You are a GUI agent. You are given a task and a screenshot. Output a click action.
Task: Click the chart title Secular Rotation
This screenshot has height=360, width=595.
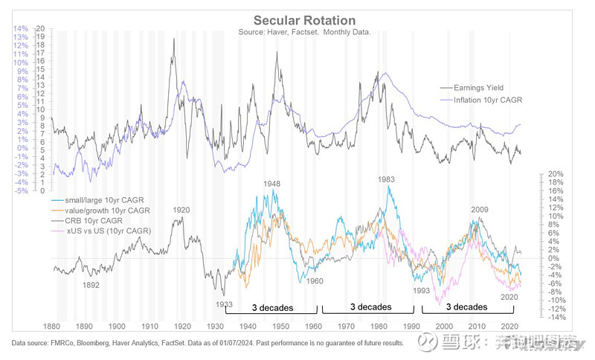click(304, 20)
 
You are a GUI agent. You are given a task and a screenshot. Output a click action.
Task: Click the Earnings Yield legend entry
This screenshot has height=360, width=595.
click(489, 88)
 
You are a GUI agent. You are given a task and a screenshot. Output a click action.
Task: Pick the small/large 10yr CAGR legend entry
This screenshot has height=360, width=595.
click(97, 200)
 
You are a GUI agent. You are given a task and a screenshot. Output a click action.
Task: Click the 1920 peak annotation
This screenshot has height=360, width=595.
click(182, 210)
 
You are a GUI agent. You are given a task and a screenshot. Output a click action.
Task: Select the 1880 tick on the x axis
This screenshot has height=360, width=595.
click(52, 327)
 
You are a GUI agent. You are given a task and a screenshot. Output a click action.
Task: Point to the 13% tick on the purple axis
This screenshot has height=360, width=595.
click(21, 36)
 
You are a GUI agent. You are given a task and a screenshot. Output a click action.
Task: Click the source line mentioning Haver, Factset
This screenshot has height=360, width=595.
click(305, 33)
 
